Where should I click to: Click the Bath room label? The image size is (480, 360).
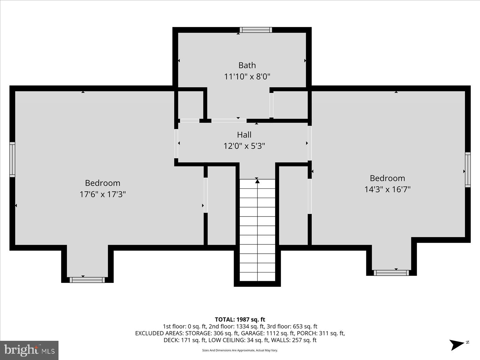click(x=247, y=65)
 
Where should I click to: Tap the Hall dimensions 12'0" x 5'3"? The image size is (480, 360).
click(x=244, y=146)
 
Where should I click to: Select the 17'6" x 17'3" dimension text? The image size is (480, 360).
click(x=102, y=194)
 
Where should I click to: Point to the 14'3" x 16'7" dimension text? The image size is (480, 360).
click(x=387, y=190)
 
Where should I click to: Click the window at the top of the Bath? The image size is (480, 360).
click(x=256, y=30)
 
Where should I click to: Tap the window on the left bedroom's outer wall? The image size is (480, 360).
click(x=12, y=160)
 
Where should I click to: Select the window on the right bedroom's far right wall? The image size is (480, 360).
click(x=468, y=170)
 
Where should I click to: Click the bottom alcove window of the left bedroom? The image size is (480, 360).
click(x=87, y=280)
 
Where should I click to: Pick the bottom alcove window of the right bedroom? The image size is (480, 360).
click(x=391, y=273)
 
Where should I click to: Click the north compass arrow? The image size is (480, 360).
click(x=457, y=344)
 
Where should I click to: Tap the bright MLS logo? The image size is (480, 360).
click(x=29, y=350)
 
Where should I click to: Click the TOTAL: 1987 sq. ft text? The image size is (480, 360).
click(x=240, y=319)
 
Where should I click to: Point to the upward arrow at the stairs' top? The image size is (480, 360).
click(x=257, y=181)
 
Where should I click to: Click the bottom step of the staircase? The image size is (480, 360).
click(x=257, y=277)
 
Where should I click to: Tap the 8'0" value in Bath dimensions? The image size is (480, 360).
click(x=263, y=76)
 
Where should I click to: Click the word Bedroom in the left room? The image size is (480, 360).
click(x=102, y=183)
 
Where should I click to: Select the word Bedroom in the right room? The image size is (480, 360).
click(x=387, y=178)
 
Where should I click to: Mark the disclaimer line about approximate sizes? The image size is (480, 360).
click(x=240, y=350)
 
